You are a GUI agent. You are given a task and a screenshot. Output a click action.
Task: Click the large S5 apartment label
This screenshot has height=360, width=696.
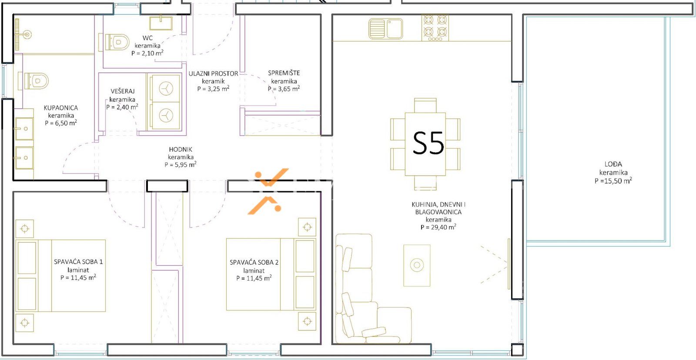428,143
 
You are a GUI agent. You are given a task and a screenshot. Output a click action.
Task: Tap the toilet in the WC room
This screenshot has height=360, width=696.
114,42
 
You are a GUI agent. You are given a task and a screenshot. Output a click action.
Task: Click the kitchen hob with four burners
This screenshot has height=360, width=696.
435,28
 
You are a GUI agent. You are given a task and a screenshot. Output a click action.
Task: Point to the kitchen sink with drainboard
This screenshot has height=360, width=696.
386,29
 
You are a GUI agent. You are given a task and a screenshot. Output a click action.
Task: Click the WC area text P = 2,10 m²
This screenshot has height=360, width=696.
147,53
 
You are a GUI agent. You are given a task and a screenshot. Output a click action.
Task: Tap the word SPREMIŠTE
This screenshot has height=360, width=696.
284,73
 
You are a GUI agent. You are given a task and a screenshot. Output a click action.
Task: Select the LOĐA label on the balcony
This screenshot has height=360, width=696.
613,164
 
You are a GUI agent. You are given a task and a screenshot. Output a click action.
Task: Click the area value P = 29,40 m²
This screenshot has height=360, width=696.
438,227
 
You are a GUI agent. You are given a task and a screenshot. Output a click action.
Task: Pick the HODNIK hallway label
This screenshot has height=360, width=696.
181,150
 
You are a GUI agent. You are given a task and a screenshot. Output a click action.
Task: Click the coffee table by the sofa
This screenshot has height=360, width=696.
417,265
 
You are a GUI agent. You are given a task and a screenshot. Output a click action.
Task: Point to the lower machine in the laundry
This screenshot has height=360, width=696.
165,116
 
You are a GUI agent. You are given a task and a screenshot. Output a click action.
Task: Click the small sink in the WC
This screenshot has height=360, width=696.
161,23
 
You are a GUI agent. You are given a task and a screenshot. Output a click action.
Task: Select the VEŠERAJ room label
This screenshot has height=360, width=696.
122,91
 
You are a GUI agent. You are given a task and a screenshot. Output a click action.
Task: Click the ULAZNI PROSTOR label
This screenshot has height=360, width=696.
213,73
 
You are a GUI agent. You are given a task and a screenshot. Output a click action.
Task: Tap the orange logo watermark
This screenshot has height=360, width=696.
268,191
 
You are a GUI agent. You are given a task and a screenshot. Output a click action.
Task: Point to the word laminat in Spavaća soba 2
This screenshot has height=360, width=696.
254,270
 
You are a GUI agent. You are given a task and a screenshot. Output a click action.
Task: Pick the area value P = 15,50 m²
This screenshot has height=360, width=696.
613,180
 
